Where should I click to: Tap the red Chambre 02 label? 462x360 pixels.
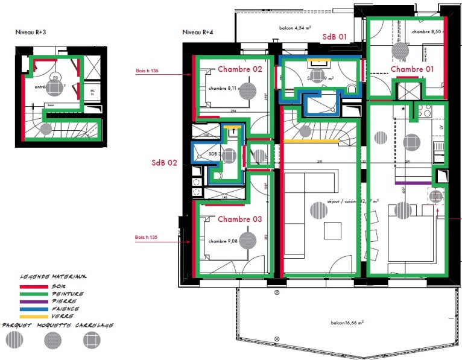(239, 69)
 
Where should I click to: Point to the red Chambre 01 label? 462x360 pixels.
(412, 69)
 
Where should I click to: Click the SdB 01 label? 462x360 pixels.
(335, 37)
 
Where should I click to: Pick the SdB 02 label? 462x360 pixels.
(165, 163)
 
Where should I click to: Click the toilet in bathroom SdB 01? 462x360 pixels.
(352, 89)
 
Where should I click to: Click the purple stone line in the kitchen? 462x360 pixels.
(413, 183)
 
